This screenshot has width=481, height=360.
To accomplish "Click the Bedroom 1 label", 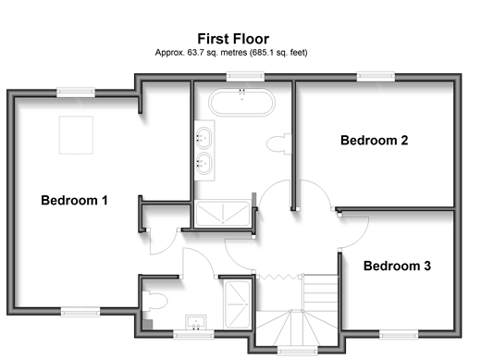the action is coord(74,200).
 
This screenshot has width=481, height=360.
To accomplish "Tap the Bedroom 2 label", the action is coord(375,141).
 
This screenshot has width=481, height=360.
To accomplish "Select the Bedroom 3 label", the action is coord(397,266).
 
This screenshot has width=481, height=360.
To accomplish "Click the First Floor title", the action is coord(233,39).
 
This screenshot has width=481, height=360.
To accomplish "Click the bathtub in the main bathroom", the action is coord(241,103).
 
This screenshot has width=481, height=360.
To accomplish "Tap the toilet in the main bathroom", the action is coord(279,143).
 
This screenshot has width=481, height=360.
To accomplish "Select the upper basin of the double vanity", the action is coord(203,138).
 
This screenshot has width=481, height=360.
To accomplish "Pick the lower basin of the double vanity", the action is coord(203,164).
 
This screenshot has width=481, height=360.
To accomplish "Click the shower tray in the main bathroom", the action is coord(223,214).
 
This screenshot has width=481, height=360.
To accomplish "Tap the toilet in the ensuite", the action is coord(154,301).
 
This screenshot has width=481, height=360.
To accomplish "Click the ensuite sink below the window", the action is coord(196,322).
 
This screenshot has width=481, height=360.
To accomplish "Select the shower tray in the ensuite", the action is coord(238,304).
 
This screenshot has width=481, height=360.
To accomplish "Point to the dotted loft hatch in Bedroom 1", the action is coord(76,135).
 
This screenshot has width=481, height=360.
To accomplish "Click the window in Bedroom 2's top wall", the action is coord(376,77).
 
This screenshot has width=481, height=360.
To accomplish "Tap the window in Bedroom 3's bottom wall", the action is coord(399,334).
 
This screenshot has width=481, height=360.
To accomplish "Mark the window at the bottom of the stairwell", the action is coord(297,351).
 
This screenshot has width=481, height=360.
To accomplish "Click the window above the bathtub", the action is coord(245,77).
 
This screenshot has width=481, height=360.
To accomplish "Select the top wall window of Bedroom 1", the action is coord(76,93).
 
